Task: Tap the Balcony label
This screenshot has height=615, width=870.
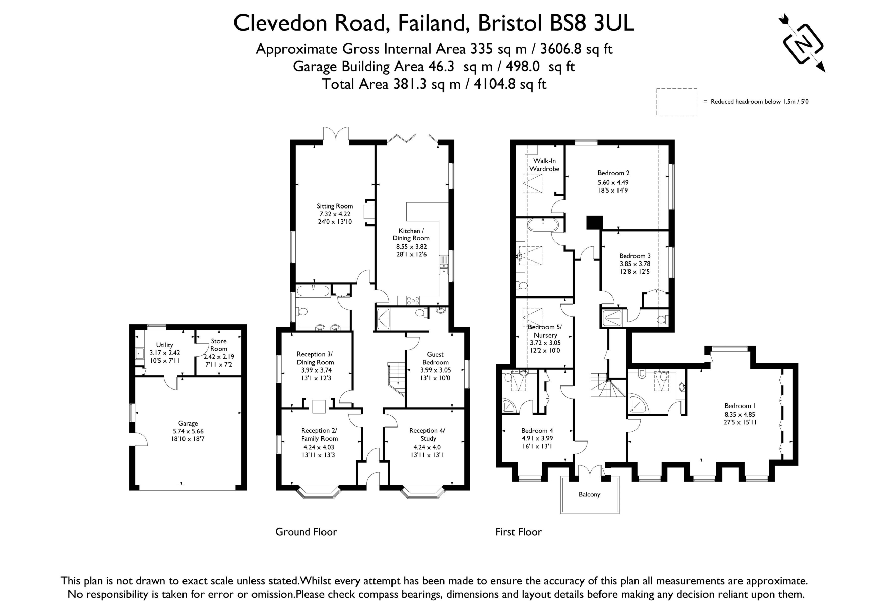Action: (x=589, y=494)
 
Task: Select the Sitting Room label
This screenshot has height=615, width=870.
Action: (x=335, y=206)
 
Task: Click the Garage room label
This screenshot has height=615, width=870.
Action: (x=188, y=423)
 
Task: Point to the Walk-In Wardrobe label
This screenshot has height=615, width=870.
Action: (x=544, y=165)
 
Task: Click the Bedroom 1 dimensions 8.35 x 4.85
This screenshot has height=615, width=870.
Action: (x=739, y=414)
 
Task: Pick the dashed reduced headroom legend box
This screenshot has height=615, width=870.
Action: (x=677, y=102)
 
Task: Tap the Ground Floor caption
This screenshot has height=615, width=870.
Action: (x=306, y=532)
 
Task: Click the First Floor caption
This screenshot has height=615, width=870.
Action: (x=518, y=532)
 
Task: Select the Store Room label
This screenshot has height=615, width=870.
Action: (x=219, y=345)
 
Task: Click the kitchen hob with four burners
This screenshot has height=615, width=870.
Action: (x=413, y=300)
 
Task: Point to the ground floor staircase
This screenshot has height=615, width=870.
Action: (x=396, y=379)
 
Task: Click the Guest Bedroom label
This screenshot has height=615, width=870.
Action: (x=435, y=358)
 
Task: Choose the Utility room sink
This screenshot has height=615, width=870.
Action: (x=139, y=354)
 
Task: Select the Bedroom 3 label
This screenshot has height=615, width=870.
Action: (x=635, y=256)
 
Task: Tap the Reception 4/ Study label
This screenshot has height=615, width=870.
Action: (x=428, y=434)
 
